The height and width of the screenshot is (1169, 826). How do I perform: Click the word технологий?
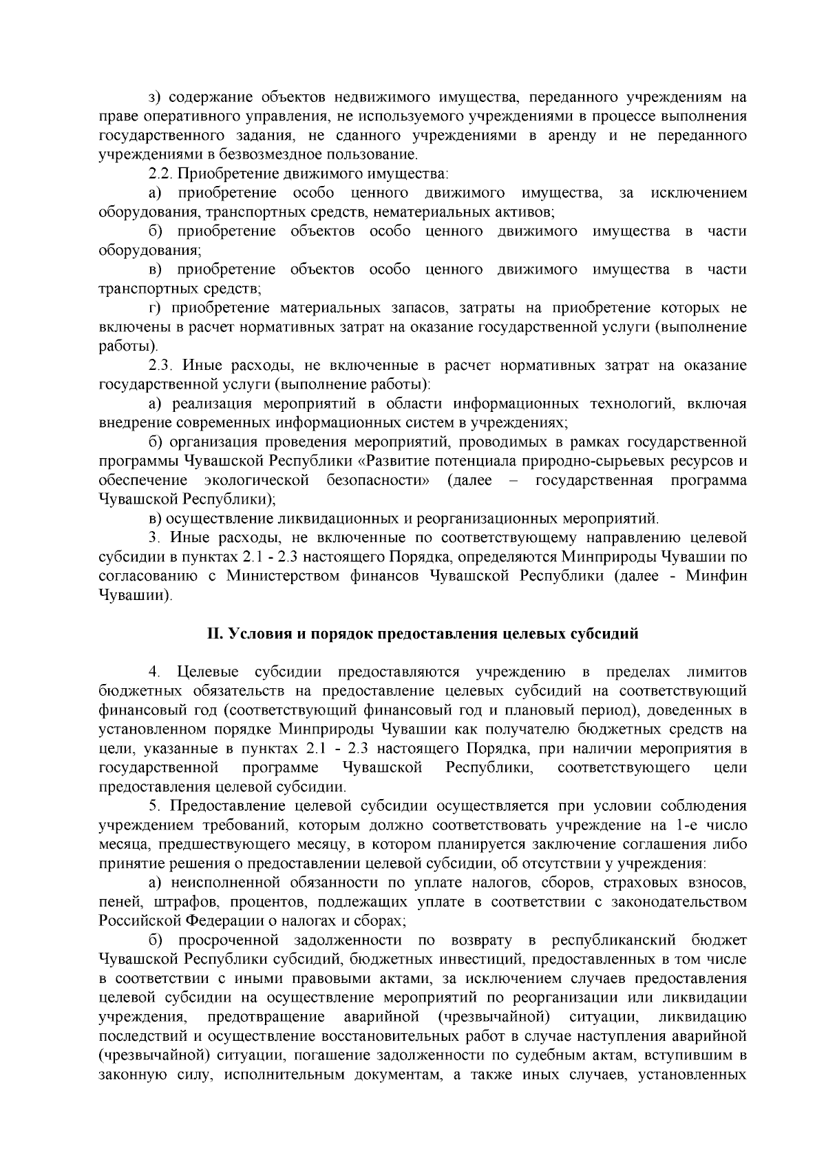point(632,404)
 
